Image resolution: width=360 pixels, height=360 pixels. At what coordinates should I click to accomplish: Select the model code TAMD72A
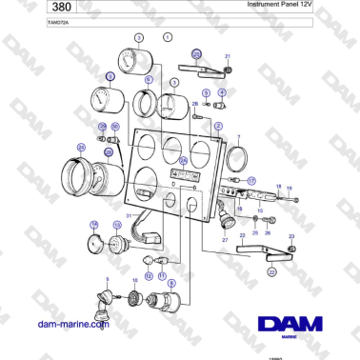tap(32, 21)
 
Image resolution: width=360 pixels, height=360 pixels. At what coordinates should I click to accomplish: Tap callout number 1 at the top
tap(168, 37)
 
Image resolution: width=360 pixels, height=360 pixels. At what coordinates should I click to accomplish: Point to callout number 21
tap(228, 57)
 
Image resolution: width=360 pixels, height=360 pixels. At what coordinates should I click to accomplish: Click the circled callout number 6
tap(148, 81)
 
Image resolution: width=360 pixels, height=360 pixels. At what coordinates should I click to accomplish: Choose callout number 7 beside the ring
tap(238, 137)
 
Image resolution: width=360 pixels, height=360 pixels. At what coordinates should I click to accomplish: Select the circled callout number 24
tap(81, 147)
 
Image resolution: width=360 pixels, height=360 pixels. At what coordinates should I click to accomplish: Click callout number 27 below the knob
tap(225, 240)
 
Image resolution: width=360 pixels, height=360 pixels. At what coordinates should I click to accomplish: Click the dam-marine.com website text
tap(71, 323)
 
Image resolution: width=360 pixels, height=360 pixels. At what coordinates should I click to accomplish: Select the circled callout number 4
tap(222, 91)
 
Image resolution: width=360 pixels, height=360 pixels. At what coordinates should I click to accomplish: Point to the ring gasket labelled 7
tap(241, 156)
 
